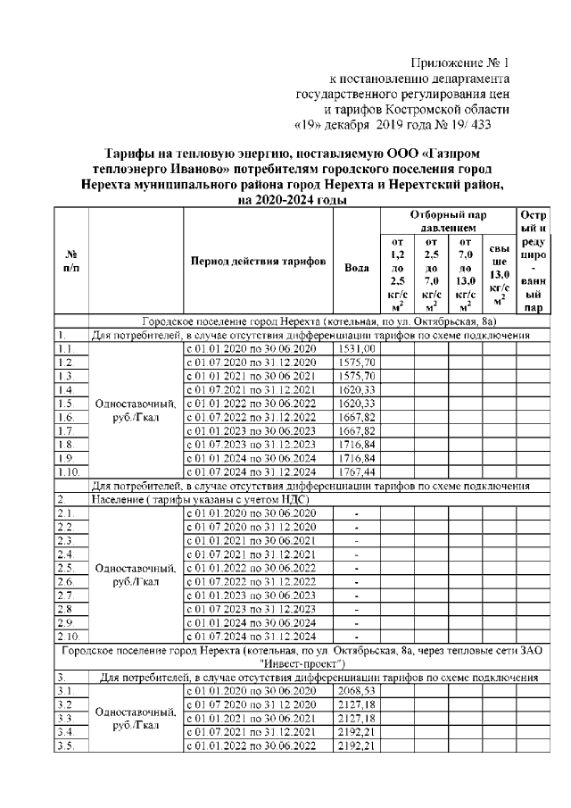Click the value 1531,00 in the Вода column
(x=356, y=347)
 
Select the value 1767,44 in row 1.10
(x=356, y=470)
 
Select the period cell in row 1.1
(x=257, y=347)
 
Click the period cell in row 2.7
(x=257, y=594)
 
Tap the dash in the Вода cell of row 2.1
(x=356, y=512)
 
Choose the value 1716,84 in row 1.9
(x=356, y=456)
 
